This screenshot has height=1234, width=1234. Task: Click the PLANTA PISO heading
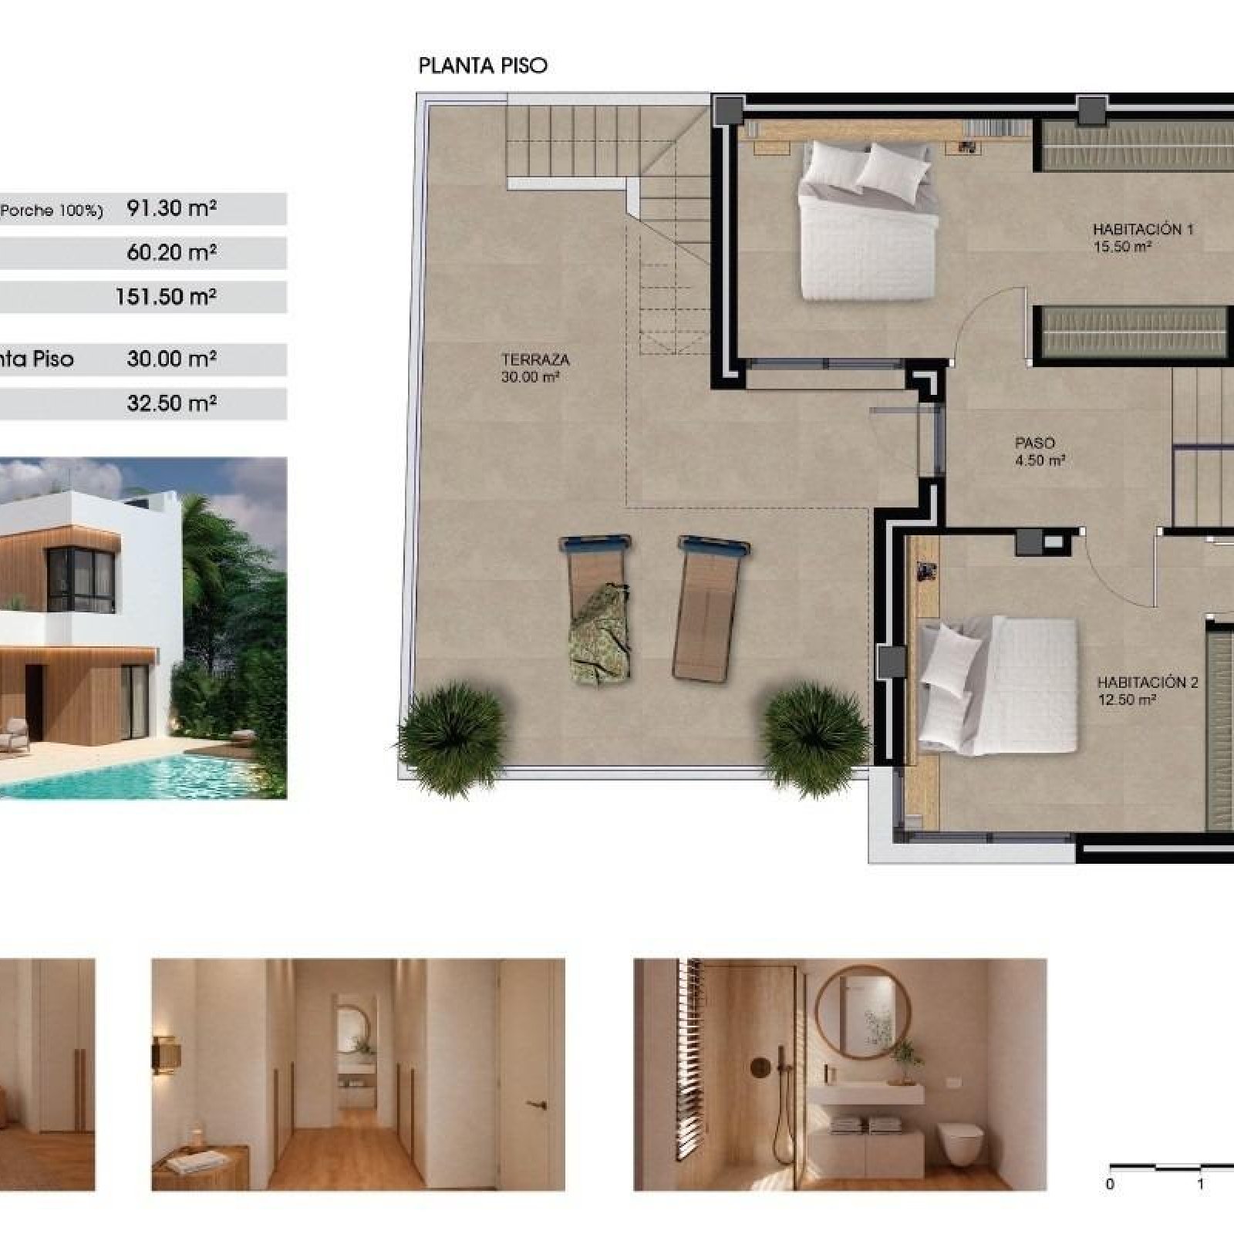[483, 66]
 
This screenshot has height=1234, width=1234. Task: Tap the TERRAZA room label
[535, 359]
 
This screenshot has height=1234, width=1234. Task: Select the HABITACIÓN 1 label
[1143, 229]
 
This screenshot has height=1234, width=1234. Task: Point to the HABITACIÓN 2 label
[1148, 683]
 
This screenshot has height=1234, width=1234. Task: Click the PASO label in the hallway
[1035, 443]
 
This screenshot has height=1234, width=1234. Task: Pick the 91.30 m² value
[171, 208]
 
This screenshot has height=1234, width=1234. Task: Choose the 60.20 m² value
[171, 252]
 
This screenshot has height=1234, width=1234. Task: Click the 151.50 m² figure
[166, 296]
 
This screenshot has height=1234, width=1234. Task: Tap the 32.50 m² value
[171, 403]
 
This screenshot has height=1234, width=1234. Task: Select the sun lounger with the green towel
[599, 608]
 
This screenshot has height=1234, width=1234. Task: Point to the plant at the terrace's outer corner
[453, 737]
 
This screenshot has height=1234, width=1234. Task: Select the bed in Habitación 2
[998, 685]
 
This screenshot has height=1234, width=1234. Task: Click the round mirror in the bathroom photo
[862, 1013]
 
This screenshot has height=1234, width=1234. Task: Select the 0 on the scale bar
[1110, 1184]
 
